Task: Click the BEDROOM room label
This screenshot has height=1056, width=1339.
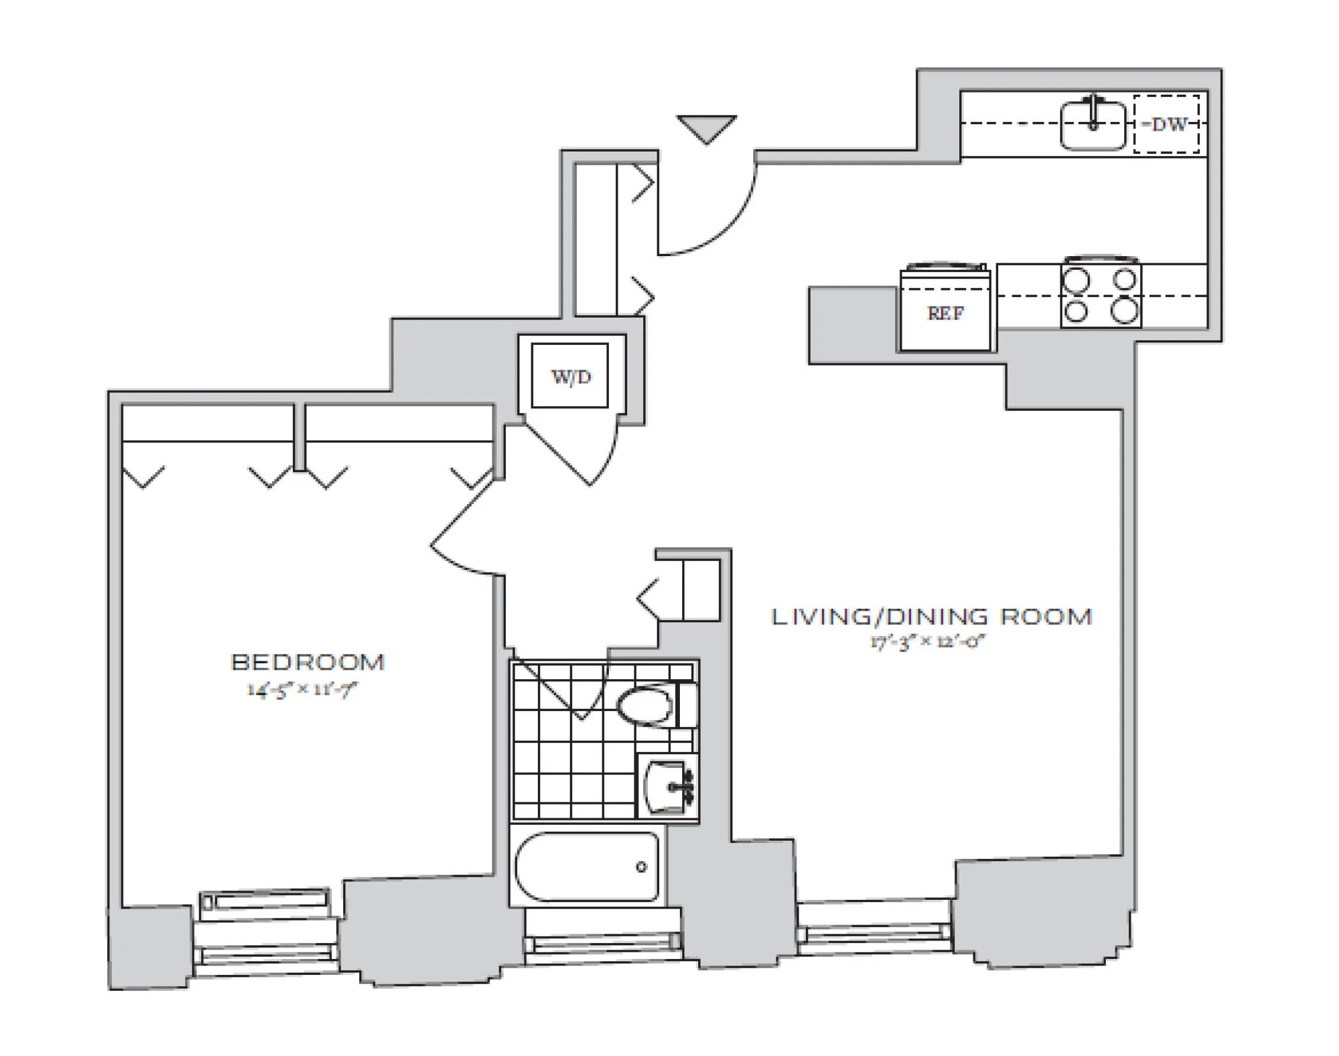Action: point(307,662)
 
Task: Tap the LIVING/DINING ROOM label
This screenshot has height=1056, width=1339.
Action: point(931,616)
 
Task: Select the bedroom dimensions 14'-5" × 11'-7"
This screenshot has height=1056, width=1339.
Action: point(302,689)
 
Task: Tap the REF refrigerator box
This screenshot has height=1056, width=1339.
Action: point(945,313)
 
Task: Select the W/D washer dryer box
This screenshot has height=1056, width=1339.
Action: point(570,376)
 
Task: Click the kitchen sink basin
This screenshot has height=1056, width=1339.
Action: point(1092,125)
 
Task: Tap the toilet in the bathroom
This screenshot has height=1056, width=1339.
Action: point(649,705)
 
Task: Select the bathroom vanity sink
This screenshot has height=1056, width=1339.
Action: point(667,787)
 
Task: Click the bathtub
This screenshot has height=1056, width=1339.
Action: point(586,867)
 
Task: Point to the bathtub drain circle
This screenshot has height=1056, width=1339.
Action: point(641,867)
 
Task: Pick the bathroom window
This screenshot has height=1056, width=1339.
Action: point(603,943)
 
